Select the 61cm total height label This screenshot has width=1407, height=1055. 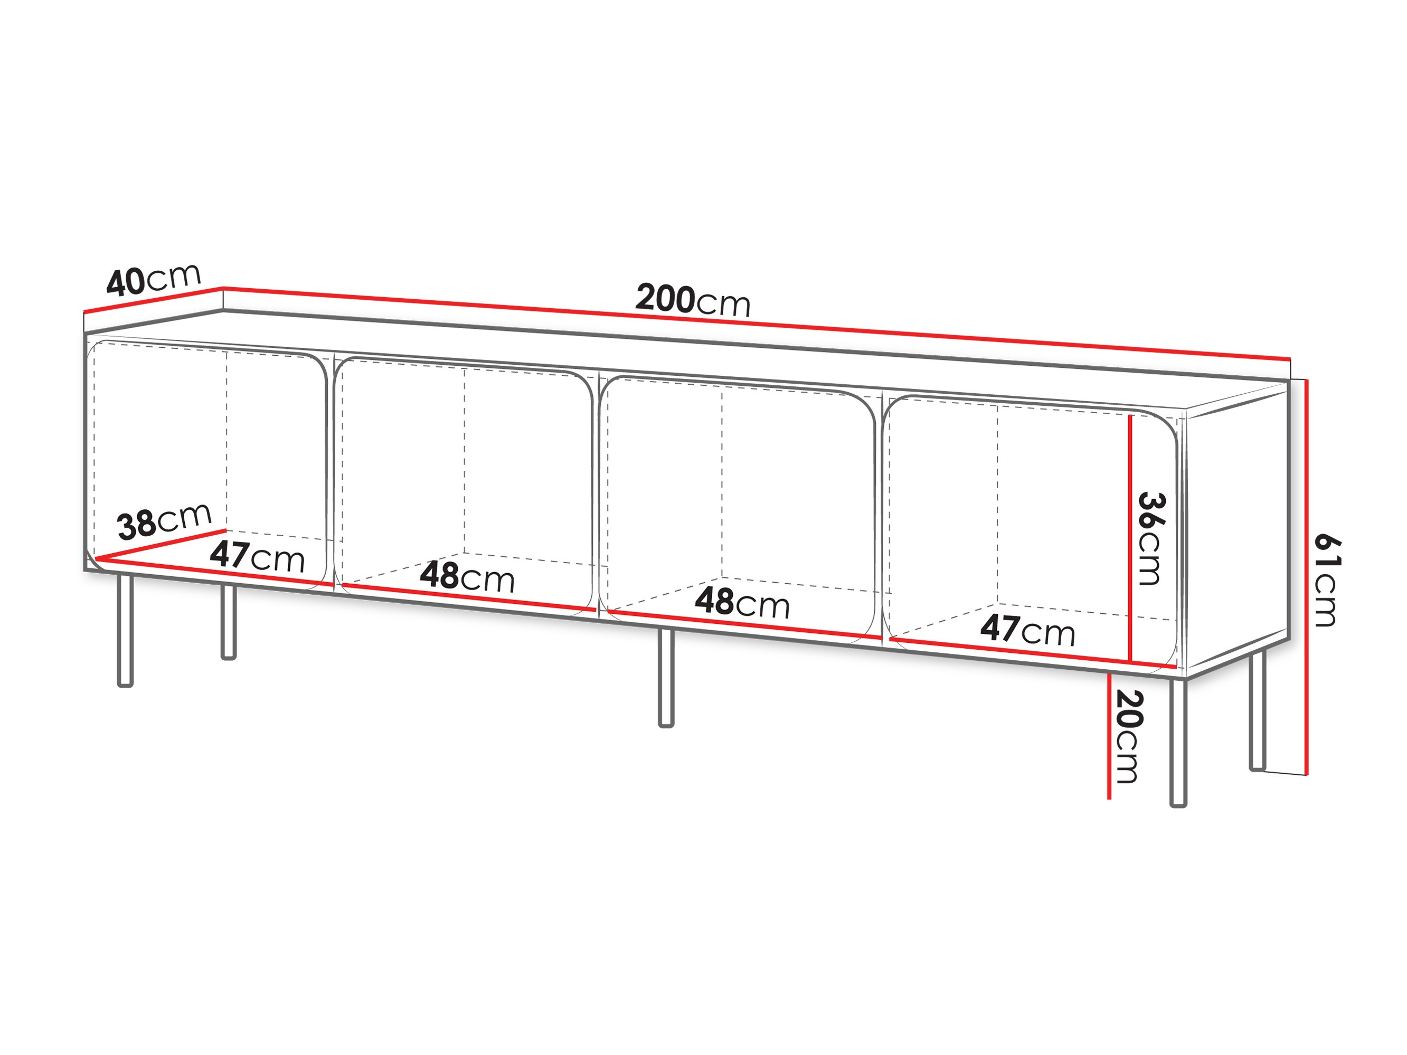click(1327, 580)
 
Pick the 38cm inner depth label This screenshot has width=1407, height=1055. click(164, 520)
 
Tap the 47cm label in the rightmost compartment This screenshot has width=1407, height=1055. click(1027, 630)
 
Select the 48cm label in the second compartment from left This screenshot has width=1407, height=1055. click(467, 577)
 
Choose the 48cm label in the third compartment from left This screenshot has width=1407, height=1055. click(742, 602)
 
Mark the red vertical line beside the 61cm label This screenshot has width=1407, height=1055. click(1306, 577)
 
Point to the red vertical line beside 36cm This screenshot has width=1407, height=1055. click(1130, 538)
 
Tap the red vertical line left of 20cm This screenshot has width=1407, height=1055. click(1109, 736)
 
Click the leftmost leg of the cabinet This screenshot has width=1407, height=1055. click(125, 630)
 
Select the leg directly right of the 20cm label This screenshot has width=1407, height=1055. click(1178, 743)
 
